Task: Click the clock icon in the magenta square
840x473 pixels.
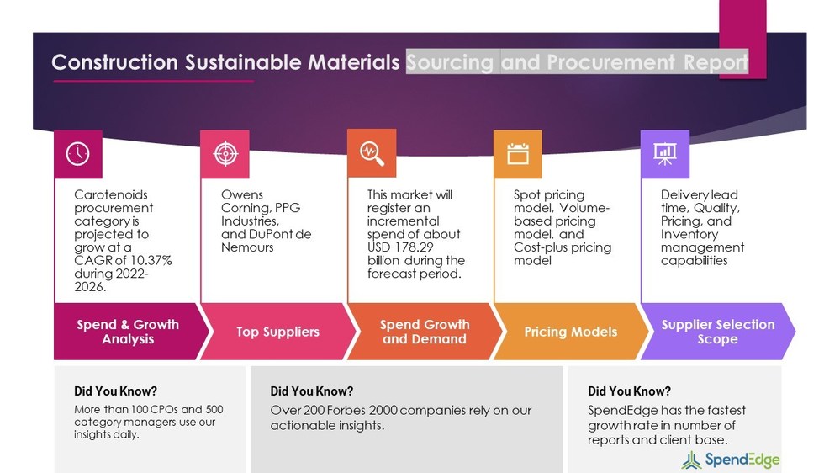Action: pos(77,153)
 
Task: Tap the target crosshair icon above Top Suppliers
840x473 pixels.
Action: pos(225,153)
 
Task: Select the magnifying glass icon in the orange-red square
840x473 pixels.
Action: pos(371,153)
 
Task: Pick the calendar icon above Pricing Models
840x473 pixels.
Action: pos(517,153)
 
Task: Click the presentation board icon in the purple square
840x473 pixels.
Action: pos(664,153)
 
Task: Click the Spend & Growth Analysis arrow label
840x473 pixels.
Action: pos(128,332)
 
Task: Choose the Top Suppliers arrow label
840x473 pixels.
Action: pos(277,332)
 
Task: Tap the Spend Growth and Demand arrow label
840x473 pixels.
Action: pos(424,332)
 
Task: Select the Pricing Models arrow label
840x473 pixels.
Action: pos(570,332)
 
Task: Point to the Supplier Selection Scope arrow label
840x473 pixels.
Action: pos(717,332)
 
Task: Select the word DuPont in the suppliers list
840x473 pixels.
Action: pos(269,234)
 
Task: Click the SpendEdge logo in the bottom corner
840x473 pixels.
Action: pos(731,460)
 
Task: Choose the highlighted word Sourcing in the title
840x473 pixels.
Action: pos(450,62)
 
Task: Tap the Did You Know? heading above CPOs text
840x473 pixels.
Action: pos(115,391)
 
